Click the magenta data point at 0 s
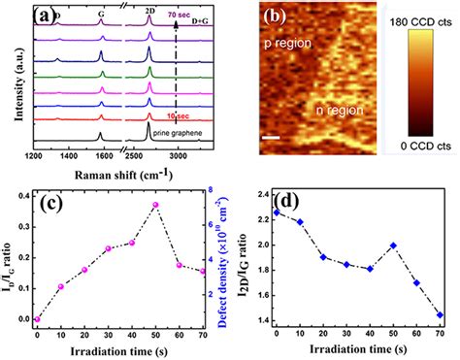[x=39, y=319]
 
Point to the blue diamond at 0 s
[x=277, y=212]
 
